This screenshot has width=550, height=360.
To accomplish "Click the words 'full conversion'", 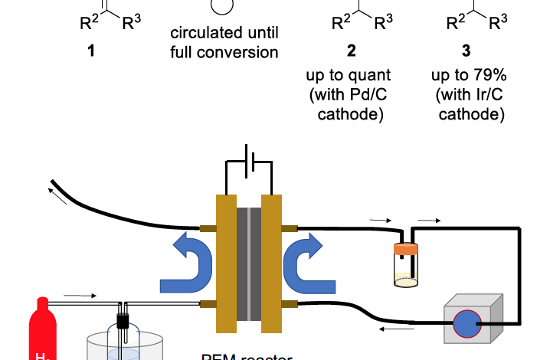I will point(223,54).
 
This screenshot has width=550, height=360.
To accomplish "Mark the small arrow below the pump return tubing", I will point(393,330).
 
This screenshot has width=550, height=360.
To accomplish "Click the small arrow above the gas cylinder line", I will point(80,294).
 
